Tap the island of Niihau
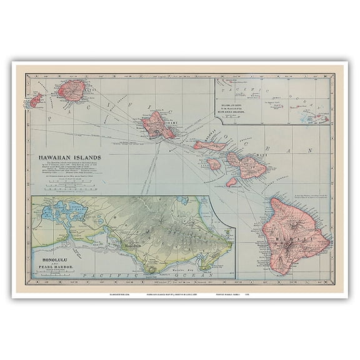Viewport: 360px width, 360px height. coord(36,100)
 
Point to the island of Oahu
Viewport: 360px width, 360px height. coord(157,124)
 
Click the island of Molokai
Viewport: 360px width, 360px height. coord(209,146)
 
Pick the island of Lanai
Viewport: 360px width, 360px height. coord(214,164)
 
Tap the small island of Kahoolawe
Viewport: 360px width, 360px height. coord(232,182)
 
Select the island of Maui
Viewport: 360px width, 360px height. coord(246,163)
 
